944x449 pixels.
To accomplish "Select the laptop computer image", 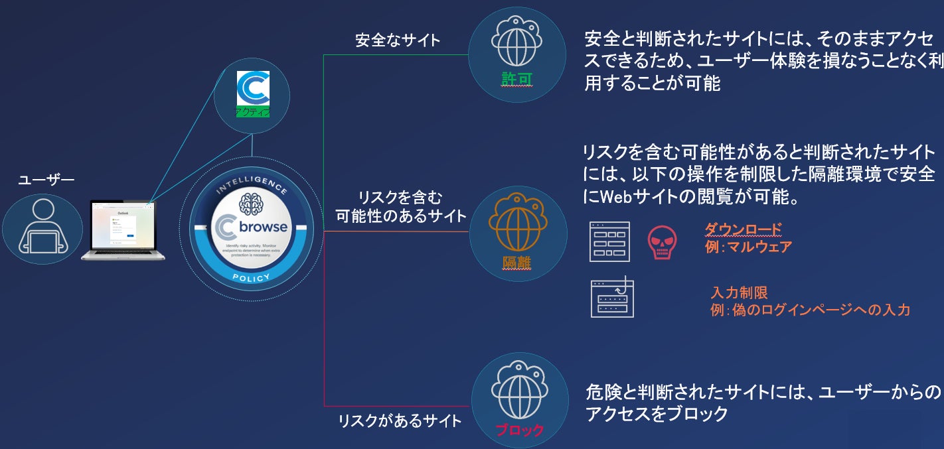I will coord(123,229).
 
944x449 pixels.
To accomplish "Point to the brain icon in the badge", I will coord(252,204).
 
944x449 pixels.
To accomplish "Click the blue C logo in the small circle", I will coord(252,88).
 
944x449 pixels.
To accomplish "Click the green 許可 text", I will coord(517,79).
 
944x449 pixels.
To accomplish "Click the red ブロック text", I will coord(520,430).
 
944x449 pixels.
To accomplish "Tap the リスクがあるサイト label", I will coord(400,420).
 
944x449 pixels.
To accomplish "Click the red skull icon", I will coord(662,242).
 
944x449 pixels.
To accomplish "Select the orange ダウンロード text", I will coord(743,230).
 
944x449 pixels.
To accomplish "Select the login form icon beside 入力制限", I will coord(612,298).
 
